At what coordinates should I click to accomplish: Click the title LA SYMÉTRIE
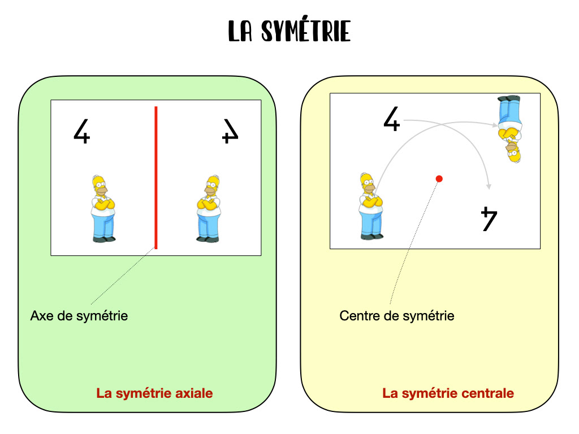point(289,31)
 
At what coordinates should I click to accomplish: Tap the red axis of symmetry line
point(156,177)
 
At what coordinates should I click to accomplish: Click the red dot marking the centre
point(439,179)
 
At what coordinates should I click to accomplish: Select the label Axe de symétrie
point(79,315)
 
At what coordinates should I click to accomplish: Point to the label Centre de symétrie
point(396,315)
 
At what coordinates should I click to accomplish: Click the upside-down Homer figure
point(511,129)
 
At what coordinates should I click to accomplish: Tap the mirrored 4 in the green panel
point(230,131)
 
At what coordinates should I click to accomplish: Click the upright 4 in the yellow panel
point(391,120)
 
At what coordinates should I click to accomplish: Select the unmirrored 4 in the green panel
point(82,131)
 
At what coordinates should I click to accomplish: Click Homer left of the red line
point(103,209)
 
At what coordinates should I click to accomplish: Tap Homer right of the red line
point(209,209)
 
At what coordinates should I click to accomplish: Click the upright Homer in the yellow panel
point(370,206)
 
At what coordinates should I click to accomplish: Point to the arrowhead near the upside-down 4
point(490,186)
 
